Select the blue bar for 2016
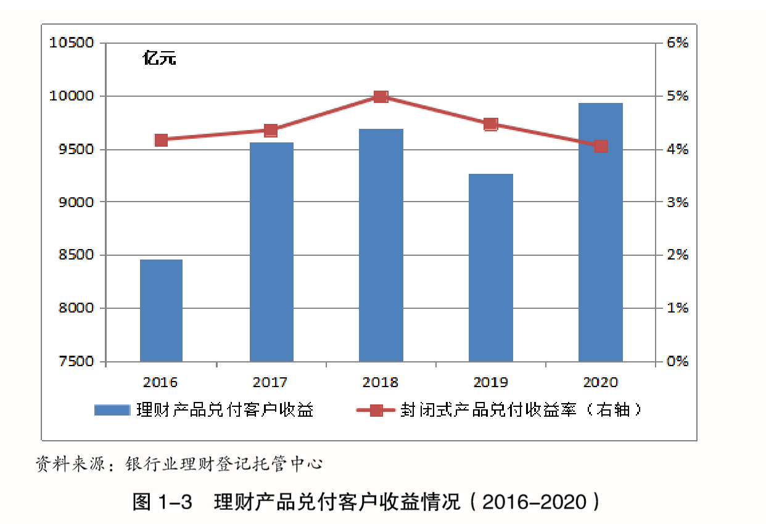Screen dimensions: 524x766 tap(161, 310)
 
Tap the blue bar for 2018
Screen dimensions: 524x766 tap(381, 245)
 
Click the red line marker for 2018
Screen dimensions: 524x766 tap(381, 97)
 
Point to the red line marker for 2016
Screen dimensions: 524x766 tap(161, 140)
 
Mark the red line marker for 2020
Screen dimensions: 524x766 tap(600, 146)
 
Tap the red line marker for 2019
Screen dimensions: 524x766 tap(490, 125)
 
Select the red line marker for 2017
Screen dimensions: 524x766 tap(271, 131)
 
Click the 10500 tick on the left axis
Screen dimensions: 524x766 tap(73, 43)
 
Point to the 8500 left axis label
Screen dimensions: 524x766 tap(76, 255)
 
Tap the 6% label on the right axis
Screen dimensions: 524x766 tap(677, 43)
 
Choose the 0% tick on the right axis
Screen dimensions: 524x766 tap(677, 361)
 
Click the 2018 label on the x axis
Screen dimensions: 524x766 tap(381, 383)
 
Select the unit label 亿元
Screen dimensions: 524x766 tap(159, 60)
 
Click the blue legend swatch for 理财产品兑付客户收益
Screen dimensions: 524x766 tap(112, 410)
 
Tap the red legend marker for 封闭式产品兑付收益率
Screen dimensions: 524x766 tap(376, 410)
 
